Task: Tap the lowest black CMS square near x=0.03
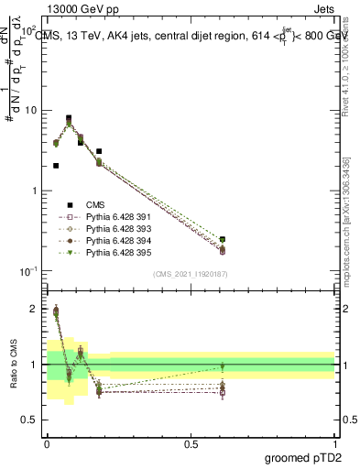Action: click(56, 166)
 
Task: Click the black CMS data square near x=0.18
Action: click(99, 151)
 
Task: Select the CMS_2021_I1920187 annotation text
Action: click(190, 274)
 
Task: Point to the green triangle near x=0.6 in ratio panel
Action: click(223, 366)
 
